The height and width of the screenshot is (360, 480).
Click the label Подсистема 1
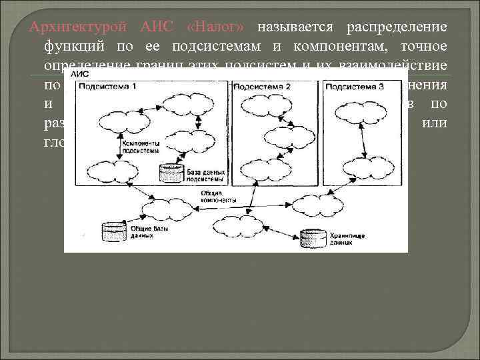(x=114, y=88)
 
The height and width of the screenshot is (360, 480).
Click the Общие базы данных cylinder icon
(x=110, y=233)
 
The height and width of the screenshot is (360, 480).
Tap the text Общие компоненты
(x=211, y=196)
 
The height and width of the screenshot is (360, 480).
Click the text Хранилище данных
(x=340, y=239)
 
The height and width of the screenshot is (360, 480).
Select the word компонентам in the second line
(x=324, y=47)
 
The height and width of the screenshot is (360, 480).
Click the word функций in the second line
(x=70, y=47)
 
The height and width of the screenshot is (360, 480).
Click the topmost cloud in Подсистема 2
(x=260, y=103)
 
